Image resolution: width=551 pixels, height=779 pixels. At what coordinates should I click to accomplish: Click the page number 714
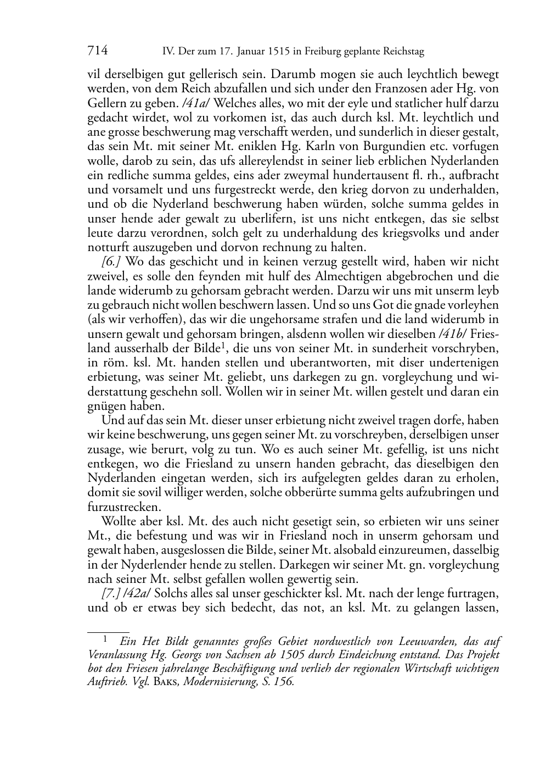(98, 51)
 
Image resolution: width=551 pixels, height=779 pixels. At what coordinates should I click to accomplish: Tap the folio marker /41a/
(201, 103)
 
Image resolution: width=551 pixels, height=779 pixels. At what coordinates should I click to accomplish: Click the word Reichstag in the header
(404, 52)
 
